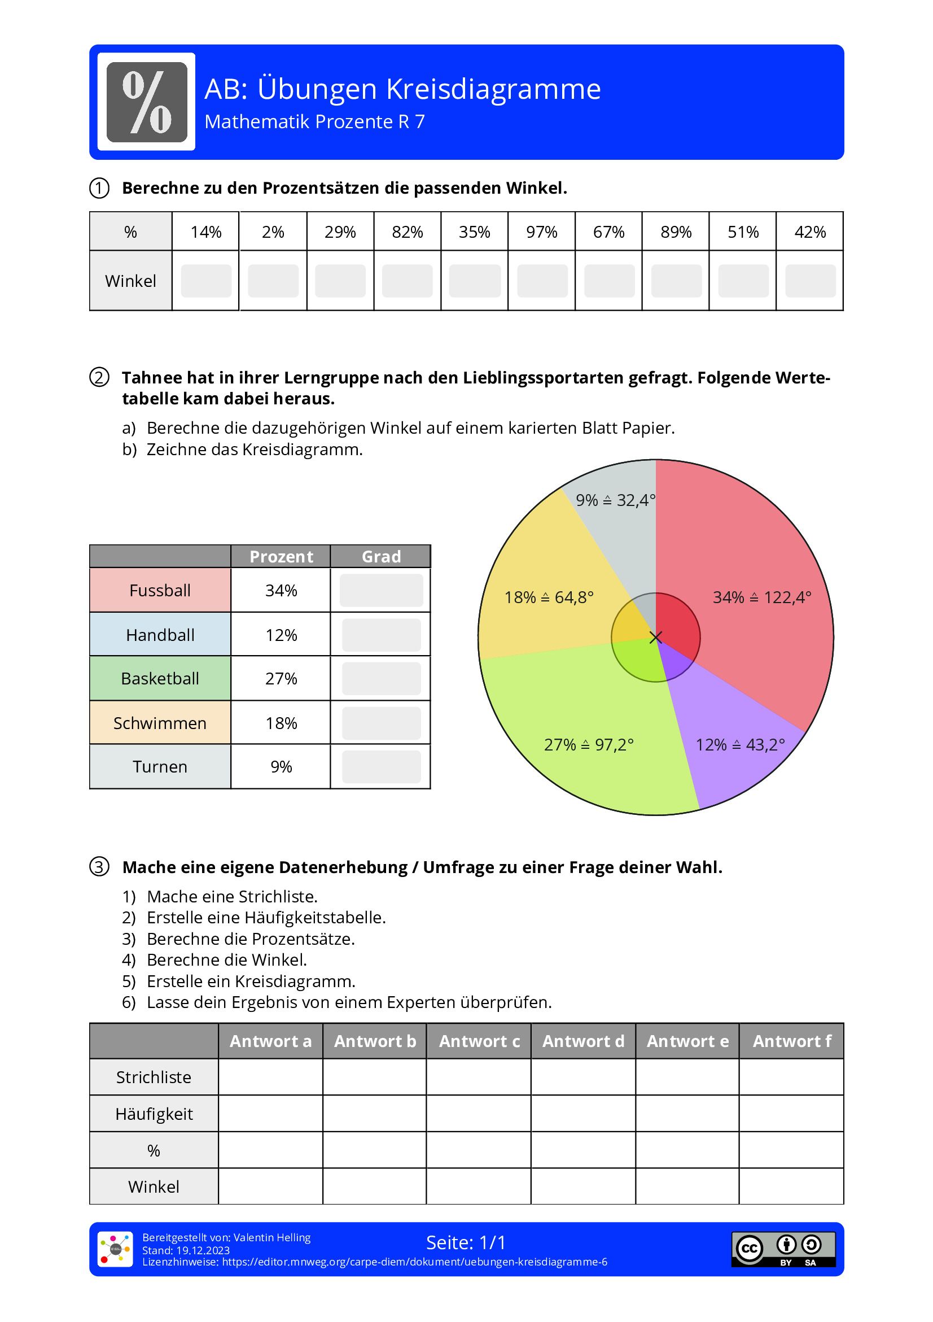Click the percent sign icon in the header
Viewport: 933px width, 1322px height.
[x=147, y=102]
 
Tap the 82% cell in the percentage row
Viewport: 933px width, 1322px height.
[x=407, y=232]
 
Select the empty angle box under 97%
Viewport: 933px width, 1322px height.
[x=542, y=281]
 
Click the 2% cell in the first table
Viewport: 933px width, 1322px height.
[x=273, y=232]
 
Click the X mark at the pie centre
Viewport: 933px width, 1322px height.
[x=655, y=638]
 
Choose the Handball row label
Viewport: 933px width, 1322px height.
[x=160, y=635]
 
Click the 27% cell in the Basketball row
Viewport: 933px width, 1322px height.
[x=281, y=679]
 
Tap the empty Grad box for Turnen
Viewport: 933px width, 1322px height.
[x=381, y=767]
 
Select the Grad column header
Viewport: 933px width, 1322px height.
[x=381, y=557]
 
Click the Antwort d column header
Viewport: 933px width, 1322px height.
[x=583, y=1041]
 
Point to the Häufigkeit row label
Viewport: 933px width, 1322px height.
[x=154, y=1114]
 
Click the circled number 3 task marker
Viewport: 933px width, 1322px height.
[x=99, y=867]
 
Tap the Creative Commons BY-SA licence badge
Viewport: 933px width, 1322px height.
[x=783, y=1250]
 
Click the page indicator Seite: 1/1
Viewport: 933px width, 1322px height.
[x=466, y=1242]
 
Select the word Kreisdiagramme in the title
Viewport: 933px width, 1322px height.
[x=493, y=89]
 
